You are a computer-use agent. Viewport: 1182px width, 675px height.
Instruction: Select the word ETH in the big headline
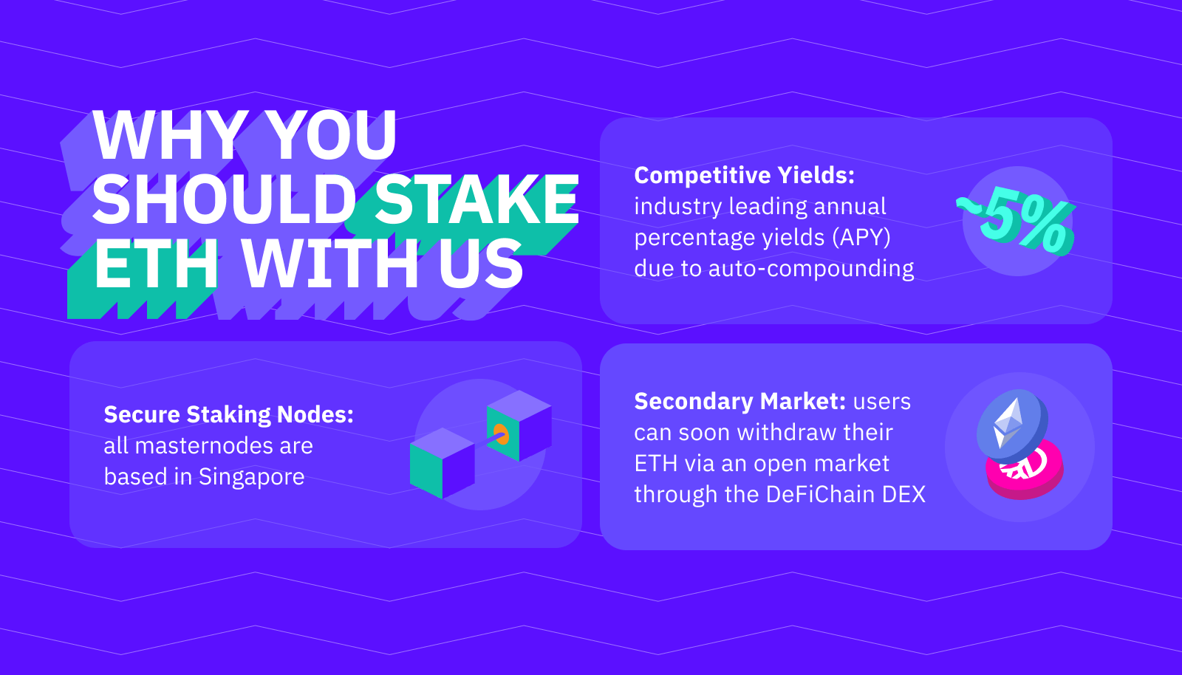(x=156, y=263)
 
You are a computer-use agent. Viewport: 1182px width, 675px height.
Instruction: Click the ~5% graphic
(x=1016, y=224)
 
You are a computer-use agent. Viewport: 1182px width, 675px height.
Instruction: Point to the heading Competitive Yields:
(x=744, y=175)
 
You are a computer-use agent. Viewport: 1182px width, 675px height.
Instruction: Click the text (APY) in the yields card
(x=861, y=237)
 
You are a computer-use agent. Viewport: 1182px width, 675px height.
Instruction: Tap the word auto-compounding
(x=811, y=269)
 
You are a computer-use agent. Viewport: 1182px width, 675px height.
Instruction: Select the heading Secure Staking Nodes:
(x=228, y=415)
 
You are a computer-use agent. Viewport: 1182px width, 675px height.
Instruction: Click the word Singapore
(x=251, y=477)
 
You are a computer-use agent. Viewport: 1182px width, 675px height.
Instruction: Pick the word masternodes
(x=204, y=446)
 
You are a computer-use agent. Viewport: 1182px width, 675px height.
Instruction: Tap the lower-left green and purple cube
(x=443, y=463)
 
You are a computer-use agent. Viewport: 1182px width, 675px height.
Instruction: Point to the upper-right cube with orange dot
(x=519, y=425)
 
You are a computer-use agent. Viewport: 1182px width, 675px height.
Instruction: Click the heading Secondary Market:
(x=740, y=401)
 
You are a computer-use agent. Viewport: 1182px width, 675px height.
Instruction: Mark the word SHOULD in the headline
(x=225, y=199)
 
